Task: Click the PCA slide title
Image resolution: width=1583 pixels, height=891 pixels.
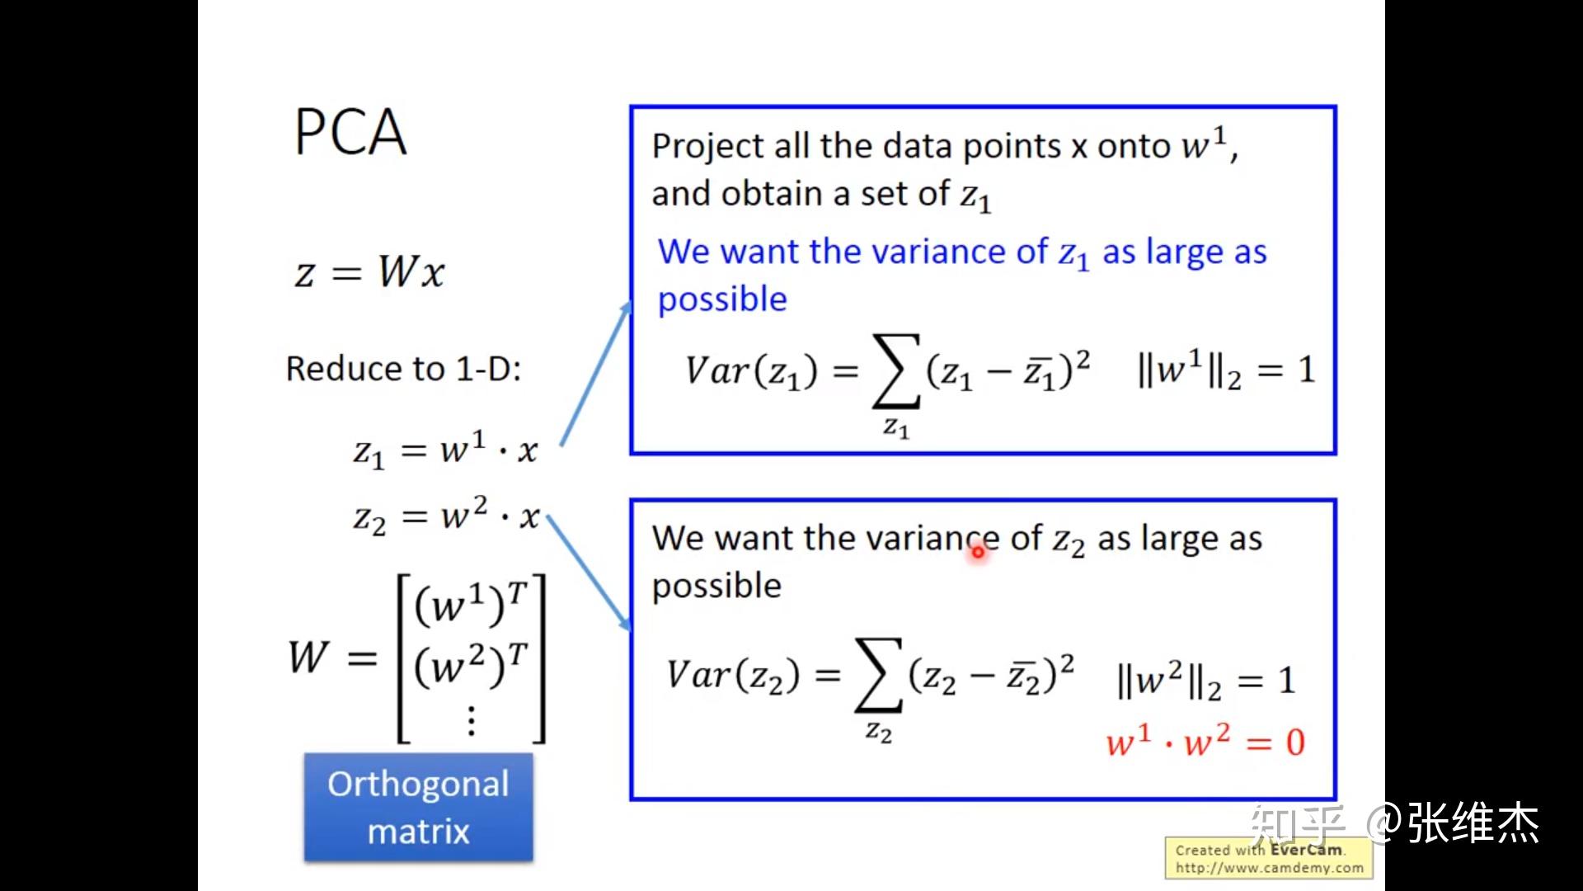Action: point(350,132)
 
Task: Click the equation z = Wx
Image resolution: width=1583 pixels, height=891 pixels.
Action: point(369,271)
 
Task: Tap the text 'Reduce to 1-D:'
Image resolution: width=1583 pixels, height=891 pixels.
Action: point(403,369)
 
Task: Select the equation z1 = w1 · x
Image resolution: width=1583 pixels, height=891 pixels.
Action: point(445,450)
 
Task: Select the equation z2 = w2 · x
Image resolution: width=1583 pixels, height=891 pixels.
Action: point(446,516)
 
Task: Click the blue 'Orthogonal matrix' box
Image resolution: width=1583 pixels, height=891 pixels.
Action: point(419,808)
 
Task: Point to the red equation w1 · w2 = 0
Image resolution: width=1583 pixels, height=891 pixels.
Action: point(1205,742)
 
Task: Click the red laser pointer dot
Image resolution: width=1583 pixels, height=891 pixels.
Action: point(978,552)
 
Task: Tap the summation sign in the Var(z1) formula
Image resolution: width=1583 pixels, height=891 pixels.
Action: point(896,370)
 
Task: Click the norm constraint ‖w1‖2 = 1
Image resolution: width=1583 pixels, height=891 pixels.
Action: point(1225,370)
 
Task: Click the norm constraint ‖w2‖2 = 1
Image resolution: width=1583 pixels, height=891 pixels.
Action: point(1205,681)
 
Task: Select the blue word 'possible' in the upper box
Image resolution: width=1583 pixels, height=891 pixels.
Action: point(722,299)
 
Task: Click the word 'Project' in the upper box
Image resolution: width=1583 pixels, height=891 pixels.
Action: point(708,146)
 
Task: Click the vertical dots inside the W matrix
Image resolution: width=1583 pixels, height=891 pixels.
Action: point(472,719)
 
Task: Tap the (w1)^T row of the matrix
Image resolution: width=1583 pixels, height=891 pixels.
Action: point(470,604)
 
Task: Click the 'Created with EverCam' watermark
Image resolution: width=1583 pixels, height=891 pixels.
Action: point(1269,858)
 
